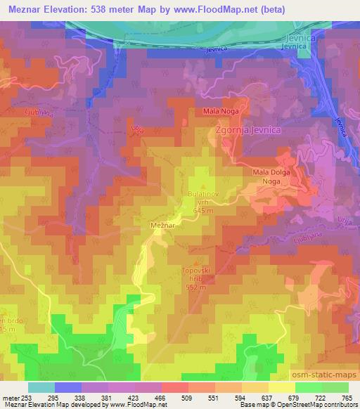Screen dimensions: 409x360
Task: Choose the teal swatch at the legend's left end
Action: tap(41, 387)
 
